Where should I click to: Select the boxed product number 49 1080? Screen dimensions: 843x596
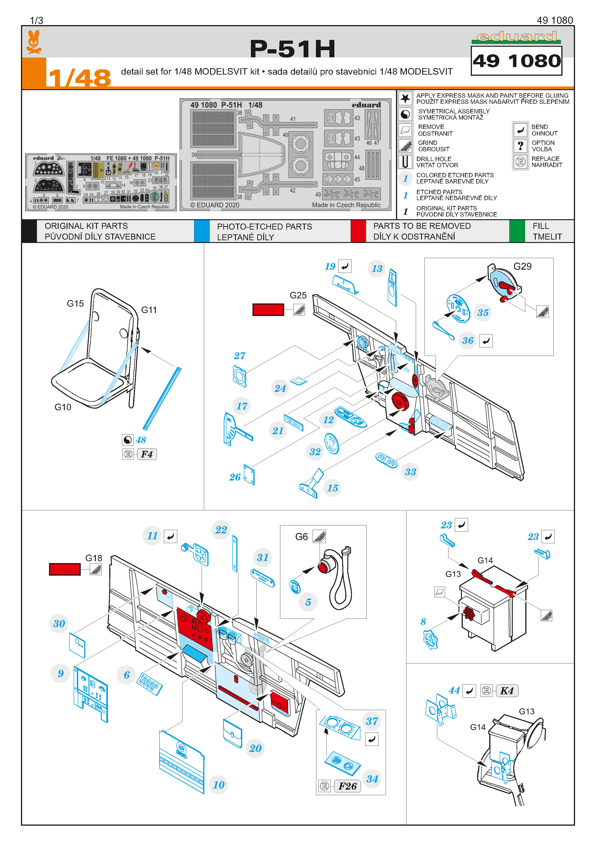(516, 61)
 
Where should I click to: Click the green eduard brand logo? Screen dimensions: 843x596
(516, 37)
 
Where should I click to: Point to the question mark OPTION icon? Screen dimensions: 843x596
(520, 146)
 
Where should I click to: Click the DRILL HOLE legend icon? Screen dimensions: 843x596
(405, 162)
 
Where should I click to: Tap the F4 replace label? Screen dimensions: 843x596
(147, 454)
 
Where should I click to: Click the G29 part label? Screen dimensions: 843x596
(522, 266)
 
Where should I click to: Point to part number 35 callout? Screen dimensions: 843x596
(483, 313)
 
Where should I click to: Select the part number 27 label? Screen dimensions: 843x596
(240, 355)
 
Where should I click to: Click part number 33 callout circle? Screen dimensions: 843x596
(410, 472)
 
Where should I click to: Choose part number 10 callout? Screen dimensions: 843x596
(219, 785)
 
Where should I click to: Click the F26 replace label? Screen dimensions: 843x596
(347, 786)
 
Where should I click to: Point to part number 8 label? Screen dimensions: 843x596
(423, 622)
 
